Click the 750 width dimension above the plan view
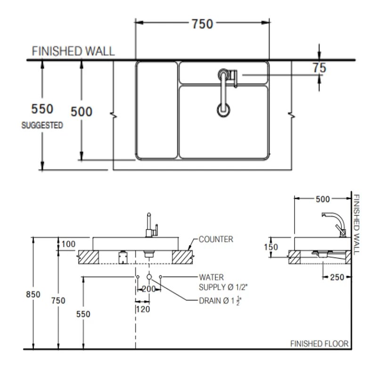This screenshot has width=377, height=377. tap(202, 24)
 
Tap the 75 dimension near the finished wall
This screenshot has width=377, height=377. tap(319, 68)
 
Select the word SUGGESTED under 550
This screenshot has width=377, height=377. tap(42, 126)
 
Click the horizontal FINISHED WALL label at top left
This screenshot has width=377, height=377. tap(73, 51)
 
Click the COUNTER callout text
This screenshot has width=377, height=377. tap(216, 239)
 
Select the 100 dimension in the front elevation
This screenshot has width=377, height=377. tap(68, 244)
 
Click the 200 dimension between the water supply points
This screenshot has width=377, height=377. tap(148, 289)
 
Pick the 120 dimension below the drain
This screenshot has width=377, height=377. tap(143, 309)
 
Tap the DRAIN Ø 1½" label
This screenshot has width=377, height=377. tap(220, 301)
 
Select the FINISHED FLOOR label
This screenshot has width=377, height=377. tap(319, 344)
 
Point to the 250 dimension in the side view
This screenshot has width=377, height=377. tap(337, 278)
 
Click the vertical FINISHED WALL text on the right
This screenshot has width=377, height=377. tap(357, 224)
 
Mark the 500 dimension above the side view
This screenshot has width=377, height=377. tap(322, 199)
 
